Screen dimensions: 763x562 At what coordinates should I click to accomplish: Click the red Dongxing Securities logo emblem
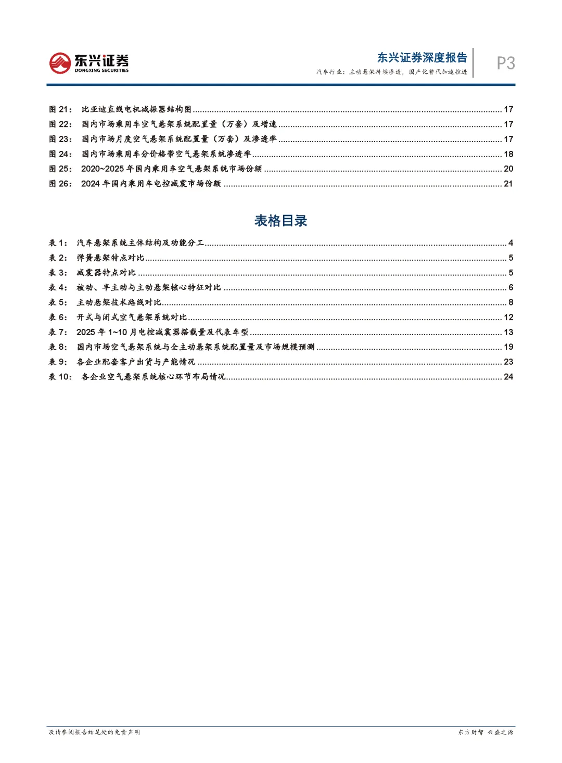pos(60,63)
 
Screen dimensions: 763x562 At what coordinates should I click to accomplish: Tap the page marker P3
pos(505,63)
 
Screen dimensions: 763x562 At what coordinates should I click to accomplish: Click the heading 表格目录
pos(280,221)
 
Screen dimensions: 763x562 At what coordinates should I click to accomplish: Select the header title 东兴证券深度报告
pos(422,57)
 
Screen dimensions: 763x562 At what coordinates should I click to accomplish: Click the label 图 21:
pos(60,109)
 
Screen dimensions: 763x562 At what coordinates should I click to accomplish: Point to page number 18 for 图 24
pos(508,154)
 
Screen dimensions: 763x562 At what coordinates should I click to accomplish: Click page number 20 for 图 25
pos(508,169)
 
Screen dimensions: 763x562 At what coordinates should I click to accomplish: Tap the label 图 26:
pos(60,184)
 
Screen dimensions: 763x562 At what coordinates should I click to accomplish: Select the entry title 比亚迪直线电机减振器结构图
pos(136,109)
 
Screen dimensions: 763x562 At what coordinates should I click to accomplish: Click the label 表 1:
pos(58,243)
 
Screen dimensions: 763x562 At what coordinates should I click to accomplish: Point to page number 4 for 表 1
pos(510,243)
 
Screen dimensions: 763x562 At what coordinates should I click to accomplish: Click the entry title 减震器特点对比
pos(106,273)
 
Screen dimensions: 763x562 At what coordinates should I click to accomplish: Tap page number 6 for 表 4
pos(510,287)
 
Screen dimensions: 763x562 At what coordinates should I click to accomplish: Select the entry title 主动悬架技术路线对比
pos(119,302)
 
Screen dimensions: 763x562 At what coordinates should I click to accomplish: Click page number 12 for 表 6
pos(508,317)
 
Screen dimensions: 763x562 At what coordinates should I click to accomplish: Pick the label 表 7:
pos(58,332)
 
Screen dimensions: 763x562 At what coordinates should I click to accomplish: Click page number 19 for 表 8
pos(508,347)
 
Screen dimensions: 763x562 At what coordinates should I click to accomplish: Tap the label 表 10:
pos(60,377)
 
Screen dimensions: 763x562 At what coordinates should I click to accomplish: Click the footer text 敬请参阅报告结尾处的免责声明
pos(94,732)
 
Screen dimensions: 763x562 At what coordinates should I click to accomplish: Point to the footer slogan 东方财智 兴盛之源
pos(485,732)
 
